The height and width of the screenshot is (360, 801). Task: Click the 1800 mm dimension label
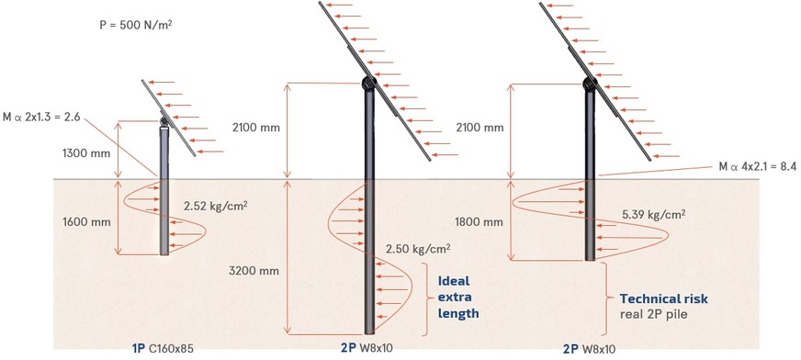(x=478, y=221)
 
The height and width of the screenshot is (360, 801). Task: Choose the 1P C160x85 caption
(x=164, y=349)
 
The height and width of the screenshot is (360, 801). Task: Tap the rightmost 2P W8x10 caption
(x=589, y=349)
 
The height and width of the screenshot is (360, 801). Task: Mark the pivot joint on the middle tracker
(x=367, y=84)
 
